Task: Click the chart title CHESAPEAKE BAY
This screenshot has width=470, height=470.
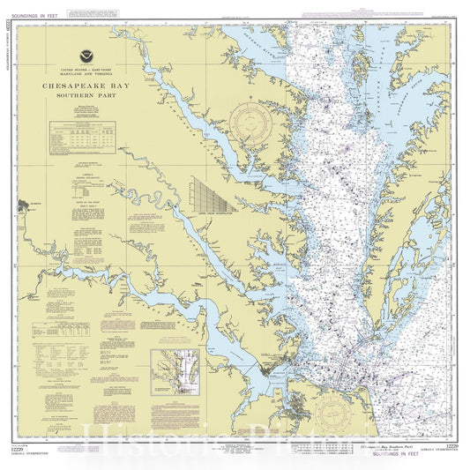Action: tap(92, 86)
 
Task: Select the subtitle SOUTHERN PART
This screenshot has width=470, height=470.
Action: tap(92, 97)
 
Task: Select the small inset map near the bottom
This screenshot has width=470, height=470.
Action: tap(174, 369)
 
